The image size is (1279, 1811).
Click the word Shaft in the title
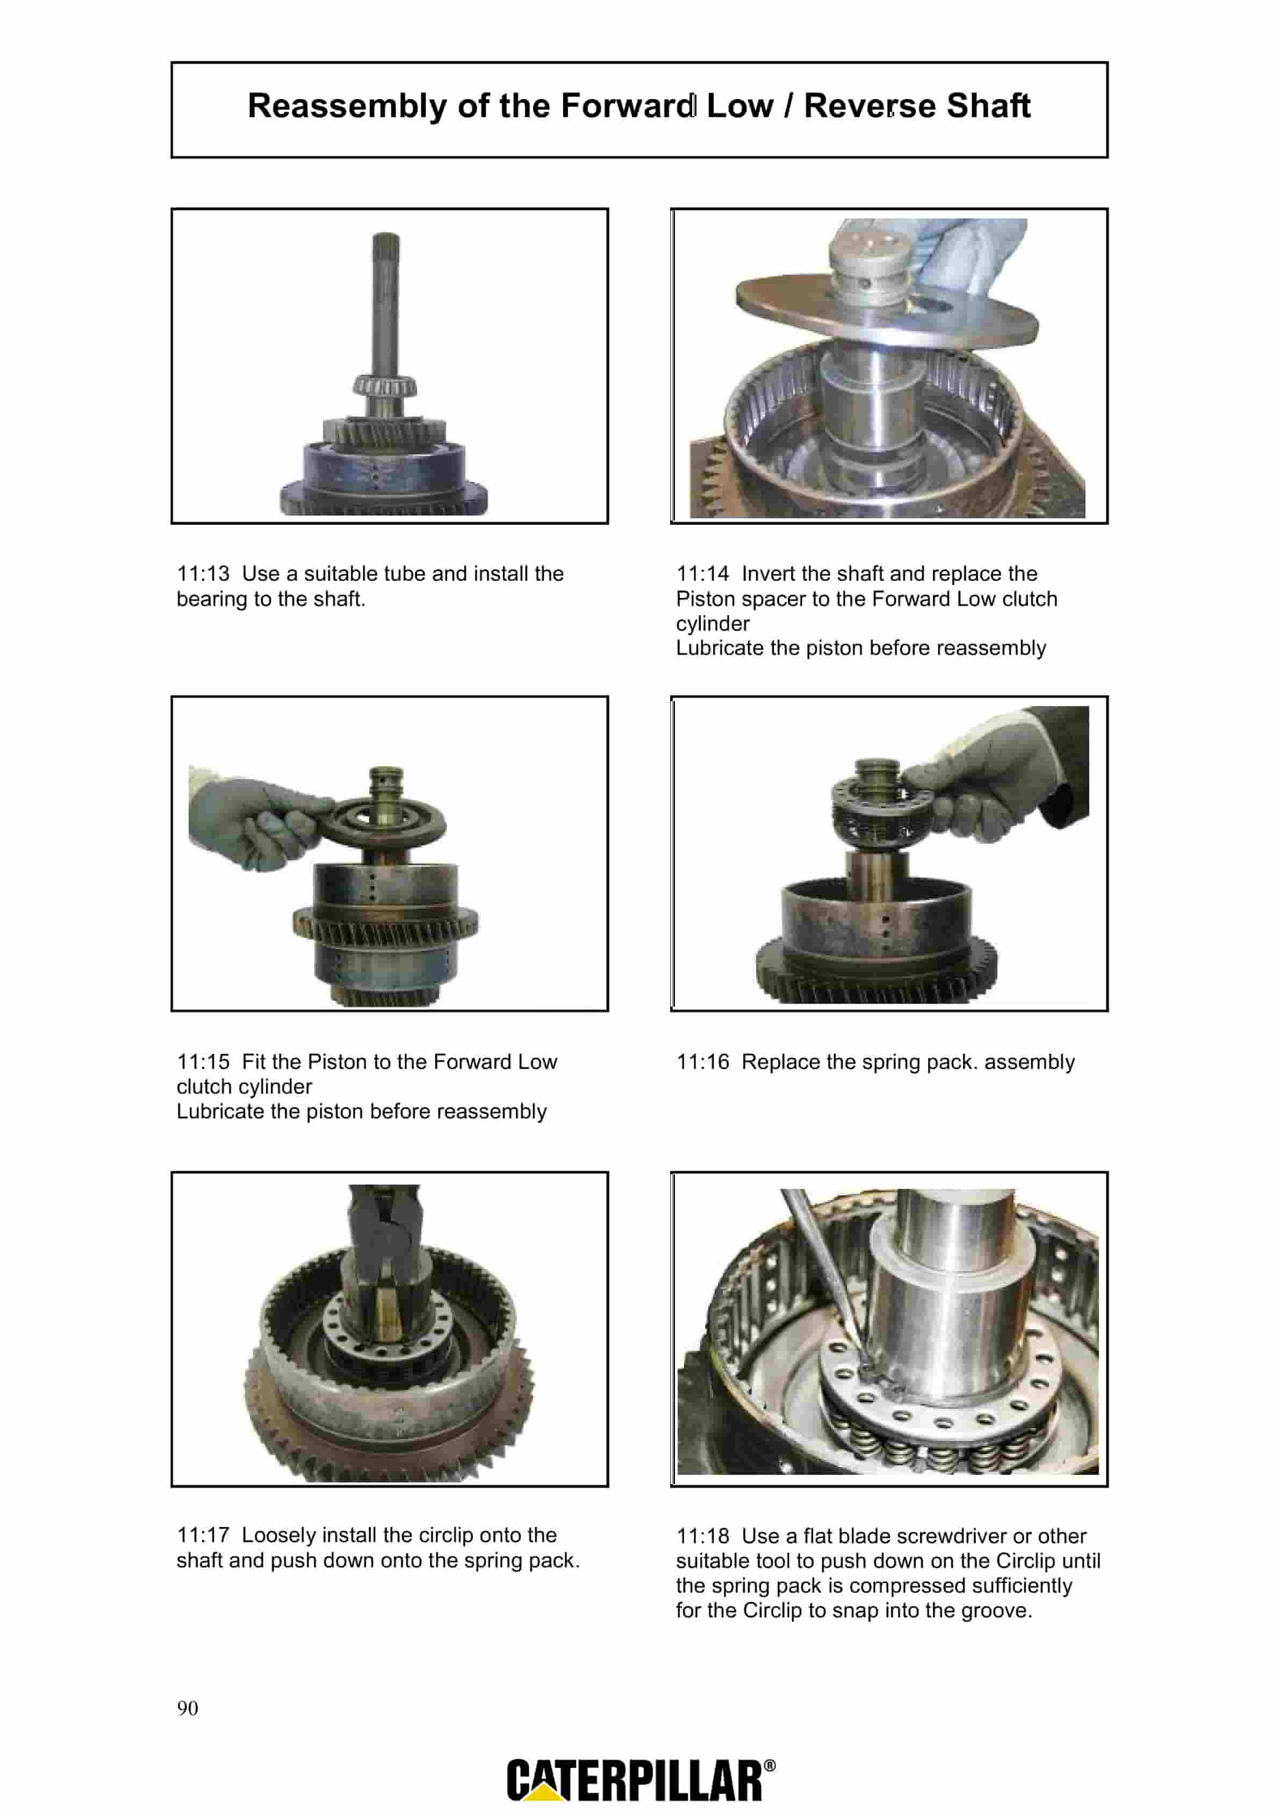[x=988, y=106]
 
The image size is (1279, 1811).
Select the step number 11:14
[x=702, y=573]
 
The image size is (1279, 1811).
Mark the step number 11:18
[x=702, y=1536]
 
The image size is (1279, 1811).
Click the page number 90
[x=188, y=1708]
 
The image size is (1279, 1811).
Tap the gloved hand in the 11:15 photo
[x=253, y=818]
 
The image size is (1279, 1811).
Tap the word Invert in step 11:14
[x=768, y=573]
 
